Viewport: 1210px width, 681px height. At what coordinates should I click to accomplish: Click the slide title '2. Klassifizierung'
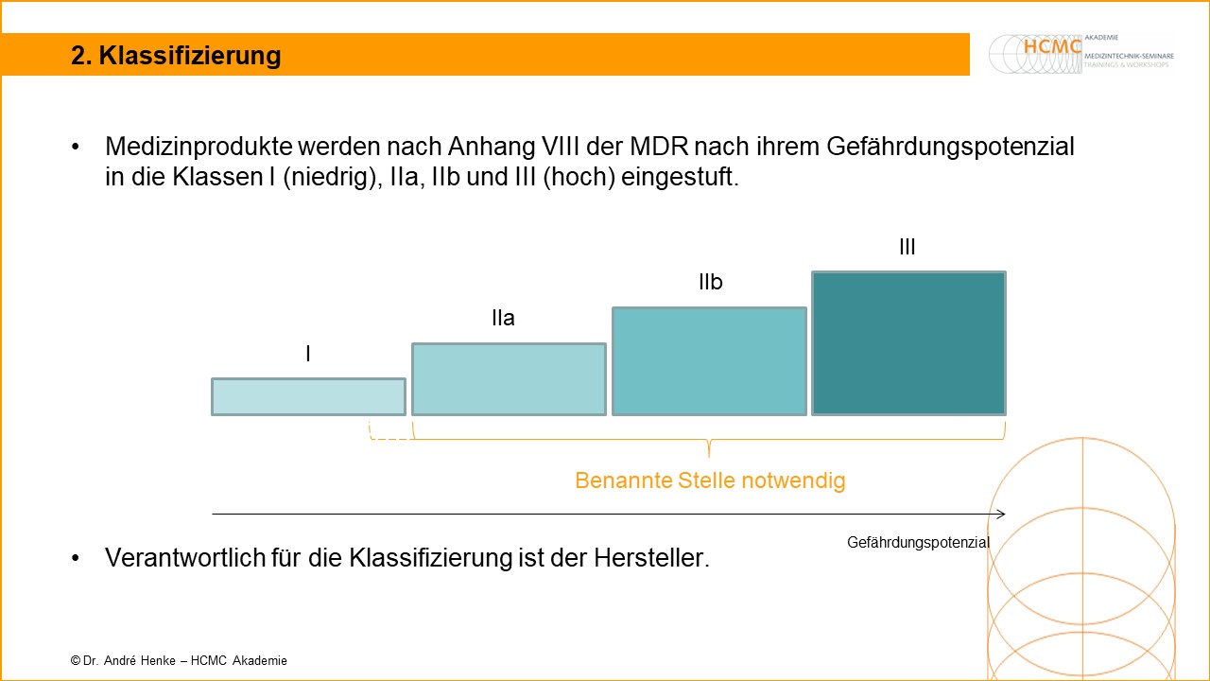pos(176,56)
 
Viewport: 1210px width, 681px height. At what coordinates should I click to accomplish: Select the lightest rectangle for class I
pos(308,396)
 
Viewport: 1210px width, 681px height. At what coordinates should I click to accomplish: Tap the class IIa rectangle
pos(509,379)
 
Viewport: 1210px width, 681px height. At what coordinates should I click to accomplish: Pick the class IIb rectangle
pos(709,361)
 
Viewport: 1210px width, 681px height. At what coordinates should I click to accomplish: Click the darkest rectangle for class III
pos(908,343)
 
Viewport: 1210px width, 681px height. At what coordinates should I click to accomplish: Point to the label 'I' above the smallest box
pos(308,354)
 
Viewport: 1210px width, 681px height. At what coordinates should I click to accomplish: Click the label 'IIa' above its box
pos(503,319)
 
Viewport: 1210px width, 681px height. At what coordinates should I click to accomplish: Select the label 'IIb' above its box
pos(710,283)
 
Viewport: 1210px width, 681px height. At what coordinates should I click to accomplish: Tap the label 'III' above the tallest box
pos(907,247)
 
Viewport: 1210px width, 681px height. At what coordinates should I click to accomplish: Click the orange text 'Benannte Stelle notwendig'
pos(710,480)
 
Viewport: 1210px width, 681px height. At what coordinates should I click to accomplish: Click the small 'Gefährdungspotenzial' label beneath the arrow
pos(918,543)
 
